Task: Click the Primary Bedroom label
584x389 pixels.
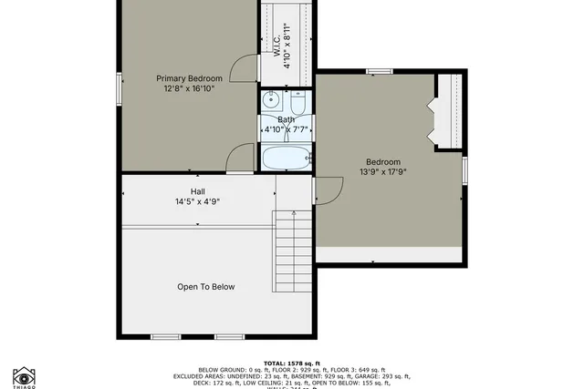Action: pos(188,78)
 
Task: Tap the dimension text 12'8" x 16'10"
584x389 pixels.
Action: pos(188,89)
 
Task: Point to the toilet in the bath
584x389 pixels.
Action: pos(297,99)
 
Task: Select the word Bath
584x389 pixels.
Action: pos(287,120)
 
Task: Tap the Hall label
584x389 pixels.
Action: pos(197,191)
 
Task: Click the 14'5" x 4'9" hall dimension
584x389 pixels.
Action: pos(197,201)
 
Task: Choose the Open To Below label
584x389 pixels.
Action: pos(205,287)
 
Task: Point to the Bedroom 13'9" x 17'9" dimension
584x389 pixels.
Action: pos(383,172)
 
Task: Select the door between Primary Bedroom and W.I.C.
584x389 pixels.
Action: pos(242,69)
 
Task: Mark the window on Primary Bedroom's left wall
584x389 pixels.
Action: pos(119,88)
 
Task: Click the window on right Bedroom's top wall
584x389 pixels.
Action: pos(379,71)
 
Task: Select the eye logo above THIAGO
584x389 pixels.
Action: pos(25,375)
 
